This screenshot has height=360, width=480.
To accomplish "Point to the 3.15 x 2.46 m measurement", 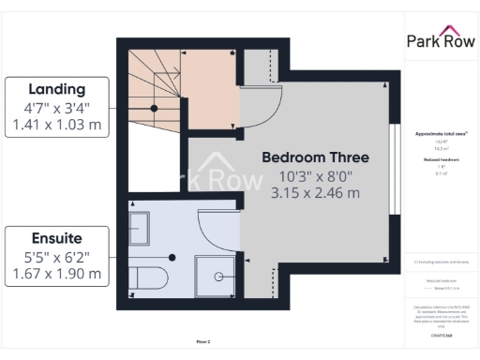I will click(x=314, y=193).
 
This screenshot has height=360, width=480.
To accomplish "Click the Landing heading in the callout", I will click(x=56, y=89).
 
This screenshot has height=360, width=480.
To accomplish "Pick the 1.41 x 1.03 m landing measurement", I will click(x=56, y=124).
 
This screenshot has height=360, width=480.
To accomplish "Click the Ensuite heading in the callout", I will click(x=56, y=239).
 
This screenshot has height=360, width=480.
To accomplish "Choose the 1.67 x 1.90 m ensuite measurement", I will click(x=56, y=274).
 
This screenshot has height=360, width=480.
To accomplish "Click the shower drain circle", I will click(x=217, y=277).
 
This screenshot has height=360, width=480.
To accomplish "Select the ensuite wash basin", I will click(x=139, y=228).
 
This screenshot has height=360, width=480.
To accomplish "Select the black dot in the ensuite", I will click(x=171, y=256).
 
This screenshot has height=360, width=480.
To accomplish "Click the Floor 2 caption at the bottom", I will click(x=202, y=342).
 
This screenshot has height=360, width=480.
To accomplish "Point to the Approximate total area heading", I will click(x=440, y=133).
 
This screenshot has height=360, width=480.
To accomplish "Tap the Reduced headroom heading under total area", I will click(x=440, y=160).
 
